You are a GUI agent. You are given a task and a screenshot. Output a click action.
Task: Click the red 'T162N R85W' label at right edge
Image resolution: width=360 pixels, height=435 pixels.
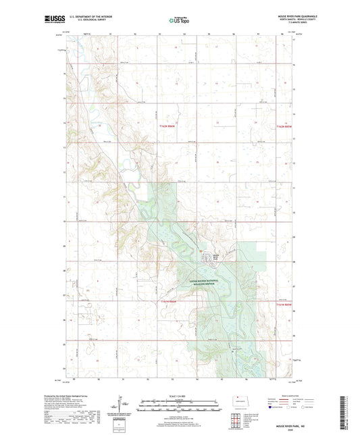coord(284,126)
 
